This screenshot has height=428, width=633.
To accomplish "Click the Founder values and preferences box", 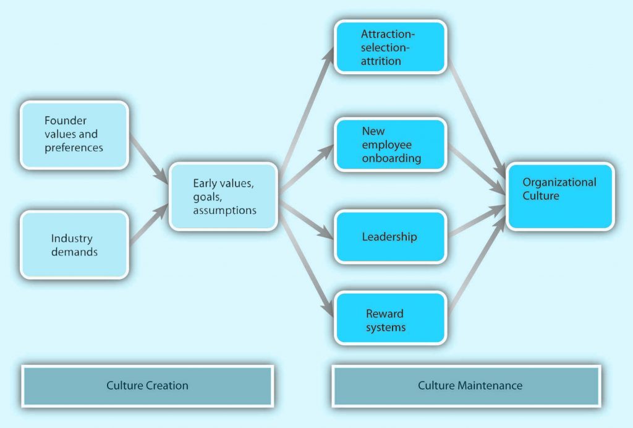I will click(x=74, y=134).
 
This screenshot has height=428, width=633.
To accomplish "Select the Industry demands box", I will click(x=74, y=244).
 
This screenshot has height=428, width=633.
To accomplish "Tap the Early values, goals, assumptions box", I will click(x=223, y=196).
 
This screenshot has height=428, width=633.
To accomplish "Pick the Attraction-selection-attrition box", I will click(x=390, y=47).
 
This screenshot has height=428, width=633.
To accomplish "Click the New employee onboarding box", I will click(x=390, y=145).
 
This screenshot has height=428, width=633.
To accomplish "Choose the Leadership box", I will click(x=390, y=236).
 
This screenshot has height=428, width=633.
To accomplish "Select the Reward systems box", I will click(x=390, y=318).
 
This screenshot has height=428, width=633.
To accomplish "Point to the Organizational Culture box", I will click(x=560, y=196).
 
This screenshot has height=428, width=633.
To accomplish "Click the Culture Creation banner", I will click(x=147, y=385).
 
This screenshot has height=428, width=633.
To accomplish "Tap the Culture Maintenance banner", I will click(x=466, y=385).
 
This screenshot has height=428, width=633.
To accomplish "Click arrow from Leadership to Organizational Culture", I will click(x=476, y=223).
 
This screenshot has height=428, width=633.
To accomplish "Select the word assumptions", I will click(x=224, y=210).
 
